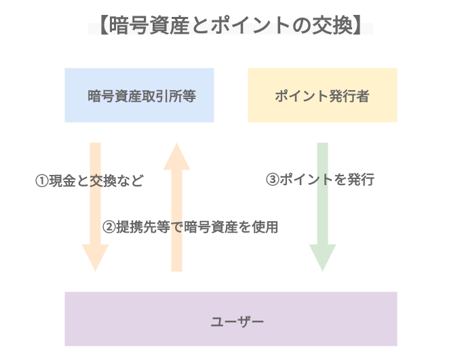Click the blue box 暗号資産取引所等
coord(139,95)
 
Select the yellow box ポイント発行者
coord(322,95)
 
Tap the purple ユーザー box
coord(231,319)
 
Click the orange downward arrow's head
coord(95,258)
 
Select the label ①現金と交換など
coord(90,182)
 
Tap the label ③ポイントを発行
coord(320,180)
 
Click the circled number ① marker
coord(41,182)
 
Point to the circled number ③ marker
coord(271,180)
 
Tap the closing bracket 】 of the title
coord(363,27)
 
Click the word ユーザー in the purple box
coord(231,319)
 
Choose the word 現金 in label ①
coord(61,182)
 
